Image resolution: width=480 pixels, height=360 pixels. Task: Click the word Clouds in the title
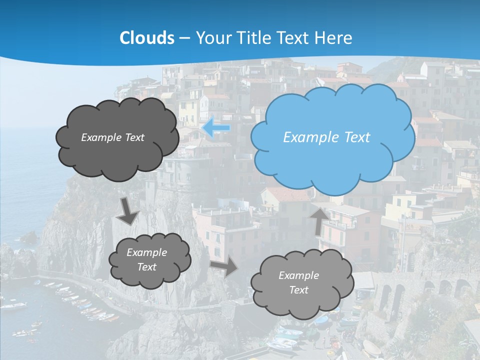147,38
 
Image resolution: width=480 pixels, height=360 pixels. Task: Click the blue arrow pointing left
216,127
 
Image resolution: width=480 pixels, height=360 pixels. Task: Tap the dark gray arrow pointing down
127,210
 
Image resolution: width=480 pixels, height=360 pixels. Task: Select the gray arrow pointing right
223,267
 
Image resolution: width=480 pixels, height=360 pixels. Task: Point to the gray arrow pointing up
319,220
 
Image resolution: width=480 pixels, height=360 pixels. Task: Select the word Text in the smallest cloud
147,267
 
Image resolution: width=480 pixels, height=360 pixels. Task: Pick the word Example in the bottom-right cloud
298,275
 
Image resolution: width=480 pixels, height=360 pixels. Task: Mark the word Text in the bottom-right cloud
298,290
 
